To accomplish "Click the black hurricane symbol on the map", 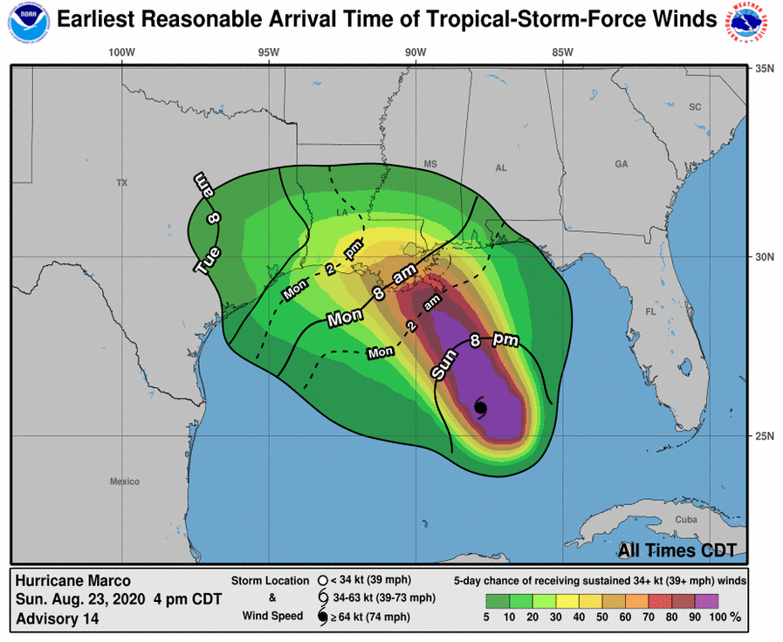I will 480,406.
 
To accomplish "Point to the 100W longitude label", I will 121,52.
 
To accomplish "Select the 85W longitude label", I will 562,52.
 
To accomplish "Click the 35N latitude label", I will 765,68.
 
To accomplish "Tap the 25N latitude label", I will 765,436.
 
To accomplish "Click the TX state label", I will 122,183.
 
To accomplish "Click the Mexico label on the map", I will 125,481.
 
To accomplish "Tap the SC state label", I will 695,107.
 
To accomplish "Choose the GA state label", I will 621,164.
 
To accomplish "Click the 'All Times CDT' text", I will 677,550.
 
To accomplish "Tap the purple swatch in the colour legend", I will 706,600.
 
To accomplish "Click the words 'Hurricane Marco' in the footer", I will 73,581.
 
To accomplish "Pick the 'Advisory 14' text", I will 58,618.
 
